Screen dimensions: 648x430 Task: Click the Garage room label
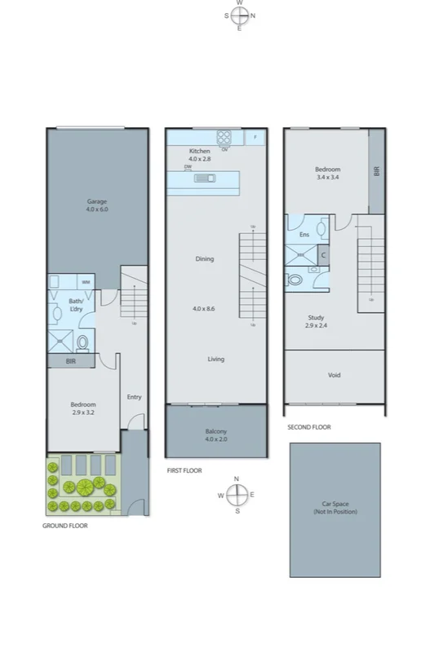pos(98,201)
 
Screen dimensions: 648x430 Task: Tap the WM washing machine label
pos(85,282)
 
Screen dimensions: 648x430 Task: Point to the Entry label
pos(135,397)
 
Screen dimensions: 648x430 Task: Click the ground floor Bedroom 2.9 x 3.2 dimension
pos(83,413)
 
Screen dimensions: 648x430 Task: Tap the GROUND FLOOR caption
pos(65,526)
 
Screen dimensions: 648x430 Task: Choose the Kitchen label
pos(200,152)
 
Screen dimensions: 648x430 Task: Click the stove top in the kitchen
pos(224,137)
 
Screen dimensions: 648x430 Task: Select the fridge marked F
pos(255,137)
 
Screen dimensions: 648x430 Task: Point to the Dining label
pos(204,259)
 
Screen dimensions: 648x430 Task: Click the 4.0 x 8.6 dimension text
pos(204,309)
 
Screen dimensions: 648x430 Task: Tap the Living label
pos(216,359)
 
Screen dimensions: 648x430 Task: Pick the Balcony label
pos(216,431)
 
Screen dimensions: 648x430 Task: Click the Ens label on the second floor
pos(304,235)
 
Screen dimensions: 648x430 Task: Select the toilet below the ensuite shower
pos(295,280)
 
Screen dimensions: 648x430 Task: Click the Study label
pos(317,318)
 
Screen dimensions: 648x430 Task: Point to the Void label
pos(335,375)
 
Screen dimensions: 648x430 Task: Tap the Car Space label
pos(335,506)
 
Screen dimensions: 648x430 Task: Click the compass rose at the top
pos(240,15)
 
